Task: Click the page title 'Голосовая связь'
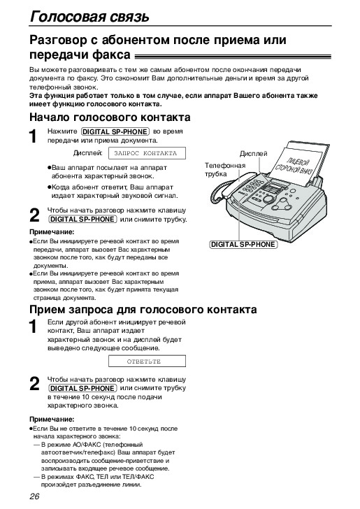point(89,16)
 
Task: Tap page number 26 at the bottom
point(34,496)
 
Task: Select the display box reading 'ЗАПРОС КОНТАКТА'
point(147,153)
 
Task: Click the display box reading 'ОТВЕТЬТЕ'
point(147,361)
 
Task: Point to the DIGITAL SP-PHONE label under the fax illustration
point(243,245)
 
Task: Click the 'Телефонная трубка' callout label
point(225,169)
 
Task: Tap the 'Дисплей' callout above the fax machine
point(254,154)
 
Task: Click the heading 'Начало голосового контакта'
point(110,117)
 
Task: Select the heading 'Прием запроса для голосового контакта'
point(143,309)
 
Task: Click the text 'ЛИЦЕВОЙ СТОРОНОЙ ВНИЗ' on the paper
point(294,166)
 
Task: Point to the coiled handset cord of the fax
point(217,192)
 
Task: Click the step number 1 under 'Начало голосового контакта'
point(33,136)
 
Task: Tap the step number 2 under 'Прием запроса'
point(34,384)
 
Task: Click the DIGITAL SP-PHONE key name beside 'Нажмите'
point(115,131)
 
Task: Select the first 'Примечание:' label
point(52,232)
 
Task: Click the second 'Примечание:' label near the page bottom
point(52,419)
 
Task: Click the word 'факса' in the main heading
point(111,55)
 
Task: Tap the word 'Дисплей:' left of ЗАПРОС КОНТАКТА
point(87,153)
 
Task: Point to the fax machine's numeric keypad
point(252,186)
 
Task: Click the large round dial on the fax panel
point(268,199)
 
